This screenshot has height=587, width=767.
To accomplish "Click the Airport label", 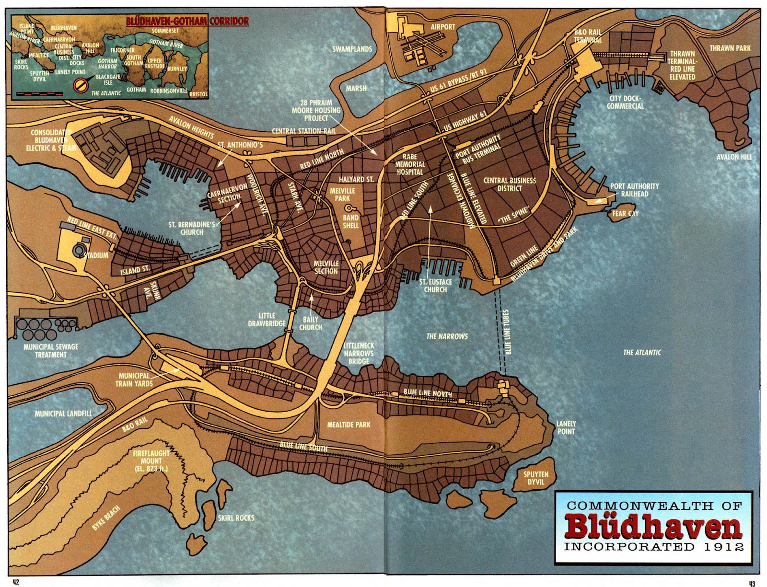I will [442, 27].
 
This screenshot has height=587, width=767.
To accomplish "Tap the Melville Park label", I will [342, 194].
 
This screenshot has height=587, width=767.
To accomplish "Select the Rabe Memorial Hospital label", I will [409, 164].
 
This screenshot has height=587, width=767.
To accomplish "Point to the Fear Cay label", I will [625, 214].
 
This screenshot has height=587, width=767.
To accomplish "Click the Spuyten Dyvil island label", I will [535, 478].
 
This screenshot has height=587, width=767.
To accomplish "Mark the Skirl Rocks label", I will [236, 518].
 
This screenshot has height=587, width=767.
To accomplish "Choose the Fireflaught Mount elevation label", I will [151, 460].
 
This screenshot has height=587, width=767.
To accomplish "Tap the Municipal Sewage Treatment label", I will [50, 351].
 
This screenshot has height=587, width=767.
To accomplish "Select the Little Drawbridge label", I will [267, 319].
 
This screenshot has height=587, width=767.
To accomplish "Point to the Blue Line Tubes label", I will [507, 332].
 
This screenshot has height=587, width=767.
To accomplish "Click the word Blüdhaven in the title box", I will [653, 526].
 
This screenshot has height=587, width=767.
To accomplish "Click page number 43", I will [751, 583].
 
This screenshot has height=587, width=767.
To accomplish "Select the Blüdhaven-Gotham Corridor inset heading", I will [187, 21].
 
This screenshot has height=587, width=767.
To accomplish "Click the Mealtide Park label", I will [349, 425].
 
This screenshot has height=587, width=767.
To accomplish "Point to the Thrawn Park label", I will [730, 48].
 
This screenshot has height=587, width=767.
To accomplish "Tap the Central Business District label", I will [509, 184].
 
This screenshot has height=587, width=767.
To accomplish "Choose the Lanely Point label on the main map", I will [566, 427].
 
